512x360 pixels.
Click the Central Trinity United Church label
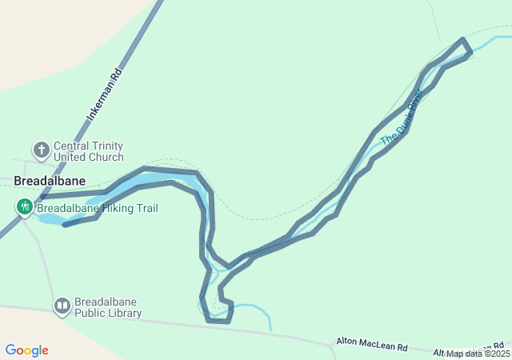pos(88,151)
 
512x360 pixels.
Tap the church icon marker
pos(41,150)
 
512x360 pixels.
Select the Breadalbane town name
pos(50,182)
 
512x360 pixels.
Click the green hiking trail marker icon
pos(24,208)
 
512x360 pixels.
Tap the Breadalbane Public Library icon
pos(62,306)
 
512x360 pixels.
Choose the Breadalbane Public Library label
pos(108,308)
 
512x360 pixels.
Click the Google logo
pos(26,350)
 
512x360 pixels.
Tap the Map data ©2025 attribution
pos(478,354)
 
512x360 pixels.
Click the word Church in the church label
pos(106,157)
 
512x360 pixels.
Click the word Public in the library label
pos(92,314)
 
